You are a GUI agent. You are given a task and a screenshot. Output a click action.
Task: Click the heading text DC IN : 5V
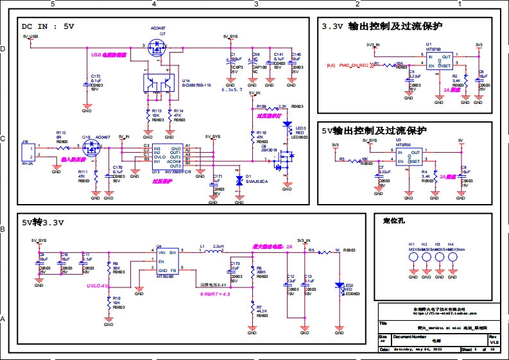tap(48, 26)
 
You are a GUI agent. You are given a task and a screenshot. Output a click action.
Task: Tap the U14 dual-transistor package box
tap(158, 83)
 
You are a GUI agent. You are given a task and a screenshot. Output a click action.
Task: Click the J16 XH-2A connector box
tap(28, 152)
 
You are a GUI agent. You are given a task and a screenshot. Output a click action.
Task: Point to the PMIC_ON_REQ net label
tap(354, 65)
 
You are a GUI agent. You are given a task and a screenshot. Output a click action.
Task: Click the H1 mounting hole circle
tap(411, 257)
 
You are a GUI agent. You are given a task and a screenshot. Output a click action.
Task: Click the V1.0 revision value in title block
tap(494, 343)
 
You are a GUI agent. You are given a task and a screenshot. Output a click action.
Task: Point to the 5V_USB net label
tap(30, 37)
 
